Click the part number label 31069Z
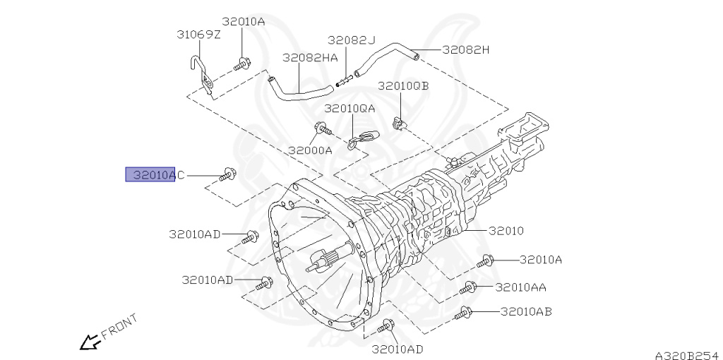(x=198, y=35)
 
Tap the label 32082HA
(x=310, y=57)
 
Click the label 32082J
(x=352, y=40)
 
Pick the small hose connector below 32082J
(x=345, y=80)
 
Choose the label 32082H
(x=466, y=50)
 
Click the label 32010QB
(x=403, y=86)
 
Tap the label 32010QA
(x=349, y=109)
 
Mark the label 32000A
(x=311, y=150)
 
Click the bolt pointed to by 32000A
(x=323, y=128)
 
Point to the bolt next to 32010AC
(x=228, y=174)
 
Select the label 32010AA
(x=520, y=287)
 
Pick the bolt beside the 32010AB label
(x=463, y=313)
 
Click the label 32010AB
(x=526, y=312)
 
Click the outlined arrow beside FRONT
(x=90, y=342)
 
